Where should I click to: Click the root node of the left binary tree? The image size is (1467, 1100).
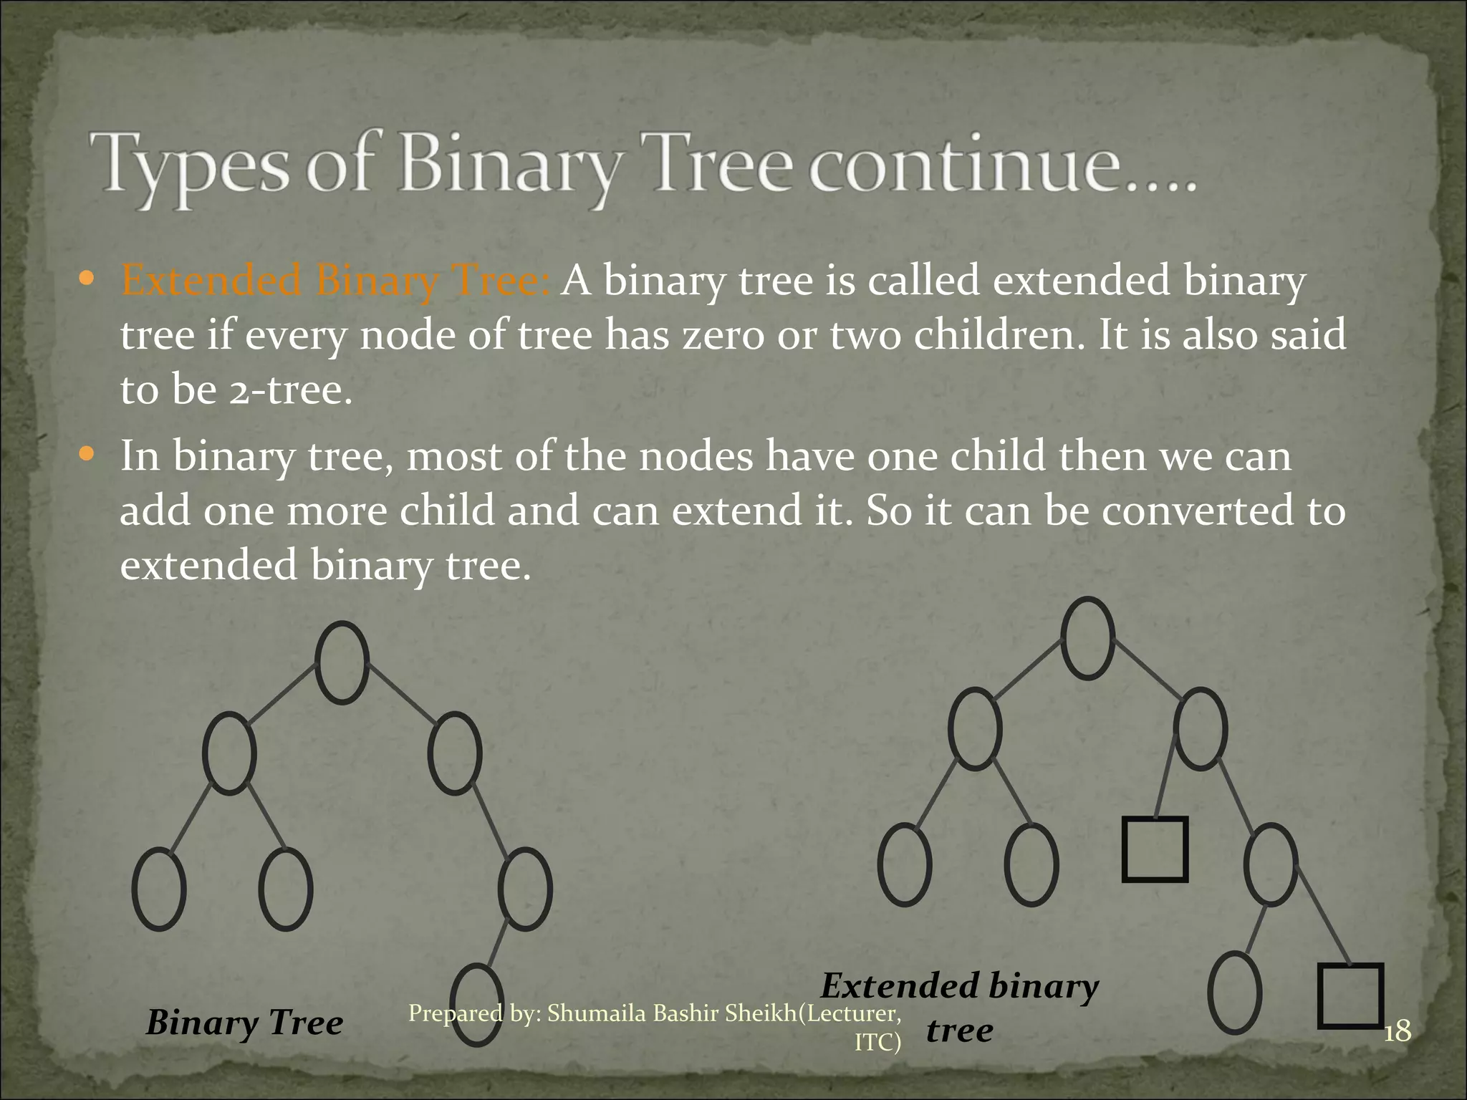(x=342, y=662)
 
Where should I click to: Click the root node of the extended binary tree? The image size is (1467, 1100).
(x=1087, y=638)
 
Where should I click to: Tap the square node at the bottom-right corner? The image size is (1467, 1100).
(x=1350, y=995)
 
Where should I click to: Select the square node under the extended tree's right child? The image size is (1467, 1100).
(x=1155, y=849)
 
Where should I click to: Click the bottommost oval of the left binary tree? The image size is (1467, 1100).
(x=476, y=1005)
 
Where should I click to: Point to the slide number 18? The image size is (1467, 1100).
(x=1398, y=1032)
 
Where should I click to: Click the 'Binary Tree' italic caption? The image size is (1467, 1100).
(x=244, y=1023)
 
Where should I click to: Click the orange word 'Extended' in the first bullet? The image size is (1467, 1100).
(x=212, y=281)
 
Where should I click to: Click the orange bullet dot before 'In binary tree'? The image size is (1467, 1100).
(x=87, y=454)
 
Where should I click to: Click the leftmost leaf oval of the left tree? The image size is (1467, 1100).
(x=159, y=889)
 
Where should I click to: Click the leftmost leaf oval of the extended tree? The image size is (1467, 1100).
(x=904, y=864)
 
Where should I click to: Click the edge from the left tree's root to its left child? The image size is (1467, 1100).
(x=284, y=691)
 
